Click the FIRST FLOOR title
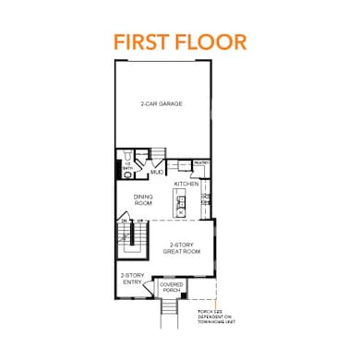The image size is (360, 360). click(180, 42)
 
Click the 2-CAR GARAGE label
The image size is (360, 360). click(162, 104)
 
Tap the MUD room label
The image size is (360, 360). click(157, 173)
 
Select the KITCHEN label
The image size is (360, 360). click(186, 184)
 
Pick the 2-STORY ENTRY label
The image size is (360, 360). click(131, 279)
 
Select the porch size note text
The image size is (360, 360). click(215, 319)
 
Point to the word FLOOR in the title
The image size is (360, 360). click(215, 42)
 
